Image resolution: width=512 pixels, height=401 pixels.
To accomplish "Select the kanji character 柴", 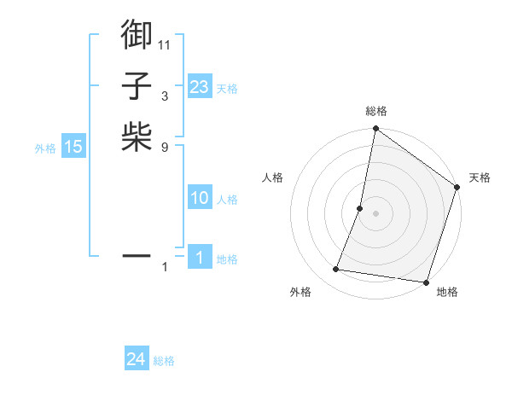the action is (x=137, y=137).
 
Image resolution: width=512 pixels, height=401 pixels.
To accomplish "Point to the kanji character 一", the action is (x=137, y=255).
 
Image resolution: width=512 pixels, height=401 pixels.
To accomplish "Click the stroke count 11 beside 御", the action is (x=165, y=44).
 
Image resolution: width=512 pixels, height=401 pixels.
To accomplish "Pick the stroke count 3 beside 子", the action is (x=165, y=96).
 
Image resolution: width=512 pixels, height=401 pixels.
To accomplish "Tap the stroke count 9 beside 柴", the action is (x=165, y=147).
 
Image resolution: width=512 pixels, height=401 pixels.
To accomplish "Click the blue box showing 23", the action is (x=200, y=86).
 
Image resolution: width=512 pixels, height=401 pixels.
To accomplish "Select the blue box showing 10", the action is (x=200, y=198).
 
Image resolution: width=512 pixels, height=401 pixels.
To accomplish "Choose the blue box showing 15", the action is (x=73, y=147).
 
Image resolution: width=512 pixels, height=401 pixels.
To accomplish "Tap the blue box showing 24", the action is (x=137, y=359).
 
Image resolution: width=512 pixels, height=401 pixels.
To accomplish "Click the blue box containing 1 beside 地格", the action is (x=200, y=258).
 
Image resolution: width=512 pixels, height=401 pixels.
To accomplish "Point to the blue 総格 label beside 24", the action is (x=164, y=361).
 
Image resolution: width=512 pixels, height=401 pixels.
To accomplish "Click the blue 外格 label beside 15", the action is (x=45, y=148).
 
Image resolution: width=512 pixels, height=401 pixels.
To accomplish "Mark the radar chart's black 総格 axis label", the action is (x=376, y=111).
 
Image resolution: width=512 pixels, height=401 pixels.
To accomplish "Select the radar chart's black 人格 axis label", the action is (x=273, y=177).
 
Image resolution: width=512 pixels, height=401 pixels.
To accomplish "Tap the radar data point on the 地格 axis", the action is (x=426, y=282).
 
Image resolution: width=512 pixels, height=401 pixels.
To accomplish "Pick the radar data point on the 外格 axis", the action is (x=336, y=270).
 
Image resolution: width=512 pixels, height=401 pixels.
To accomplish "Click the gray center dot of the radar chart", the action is (x=375, y=213).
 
